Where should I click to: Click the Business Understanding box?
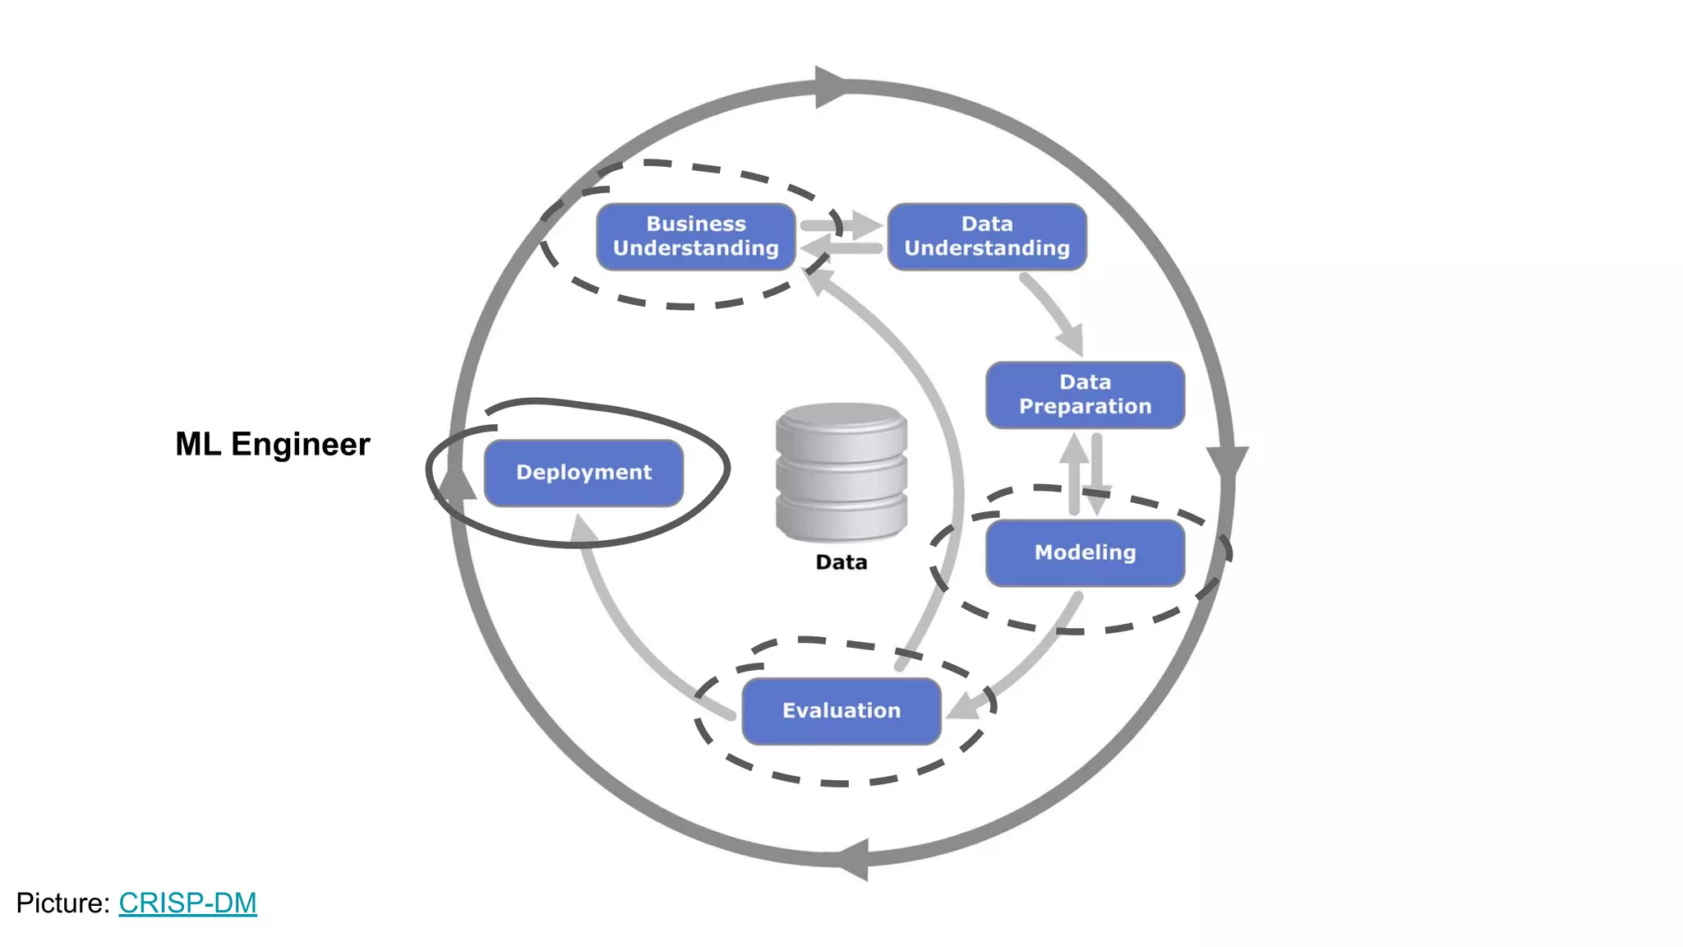695,237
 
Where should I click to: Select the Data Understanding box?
987,237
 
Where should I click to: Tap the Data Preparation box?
1085,395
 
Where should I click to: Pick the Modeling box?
1085,552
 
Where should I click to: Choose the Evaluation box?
841,711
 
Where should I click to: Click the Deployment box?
583,473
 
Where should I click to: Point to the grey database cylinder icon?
841,472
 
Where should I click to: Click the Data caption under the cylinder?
841,562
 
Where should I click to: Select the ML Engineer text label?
272,444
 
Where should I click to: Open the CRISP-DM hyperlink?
187,903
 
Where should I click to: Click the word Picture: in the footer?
62,903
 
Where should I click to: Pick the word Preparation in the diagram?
1085,407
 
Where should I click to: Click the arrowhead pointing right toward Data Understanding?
866,224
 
